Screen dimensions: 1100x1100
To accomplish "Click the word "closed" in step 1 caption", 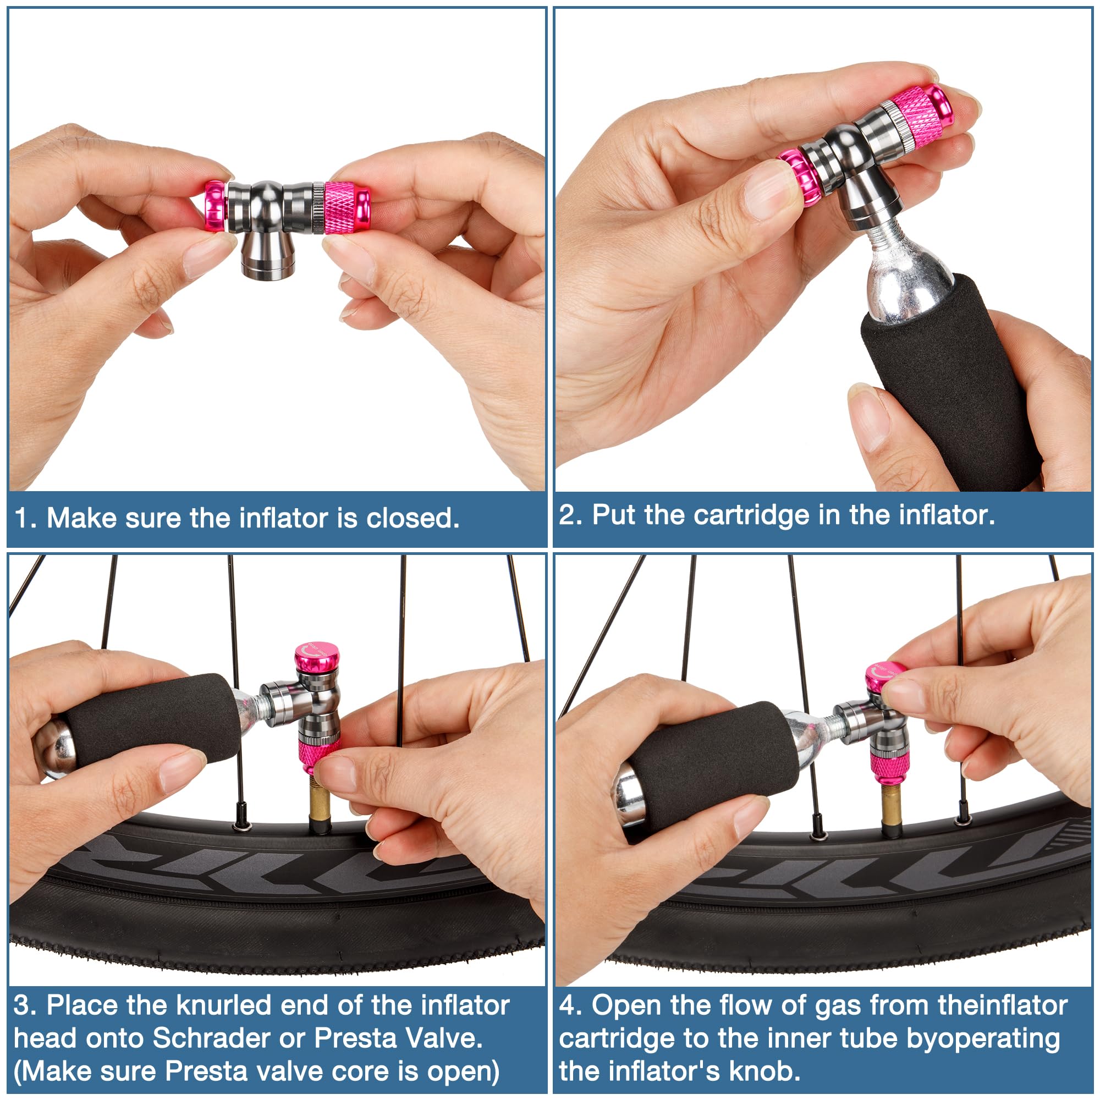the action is (411, 518).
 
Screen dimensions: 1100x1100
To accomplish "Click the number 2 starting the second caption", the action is (569, 515).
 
